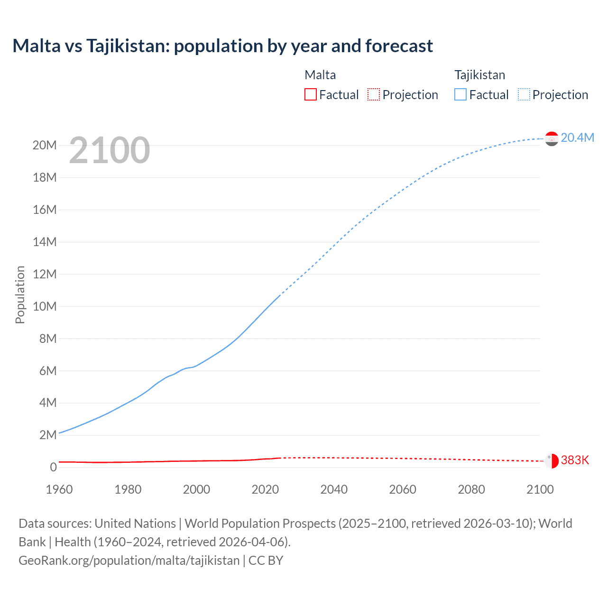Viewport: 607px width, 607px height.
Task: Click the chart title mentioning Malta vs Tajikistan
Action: pos(222,46)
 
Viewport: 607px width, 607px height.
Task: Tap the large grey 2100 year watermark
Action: pos(110,150)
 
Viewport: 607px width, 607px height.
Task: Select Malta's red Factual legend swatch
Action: pos(310,94)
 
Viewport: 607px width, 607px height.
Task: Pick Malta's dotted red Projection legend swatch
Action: pos(374,94)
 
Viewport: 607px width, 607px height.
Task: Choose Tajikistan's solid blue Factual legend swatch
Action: pos(460,94)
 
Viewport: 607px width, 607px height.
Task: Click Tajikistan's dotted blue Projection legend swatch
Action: pos(524,94)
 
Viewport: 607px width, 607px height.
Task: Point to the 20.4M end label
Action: pos(577,138)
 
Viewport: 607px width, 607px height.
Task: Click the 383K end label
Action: pos(575,460)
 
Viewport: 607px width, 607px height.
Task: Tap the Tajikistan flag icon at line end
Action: pos(552,138)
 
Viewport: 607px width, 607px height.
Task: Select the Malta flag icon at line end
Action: pos(552,460)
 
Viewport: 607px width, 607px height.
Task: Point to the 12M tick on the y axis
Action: pos(45,274)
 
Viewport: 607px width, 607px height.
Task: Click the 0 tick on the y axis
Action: pos(53,467)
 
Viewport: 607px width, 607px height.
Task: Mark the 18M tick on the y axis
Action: pos(45,177)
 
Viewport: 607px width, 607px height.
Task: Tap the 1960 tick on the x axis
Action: pos(59,489)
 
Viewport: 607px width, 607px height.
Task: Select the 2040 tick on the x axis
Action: pos(334,489)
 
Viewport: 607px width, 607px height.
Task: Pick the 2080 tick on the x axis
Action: pos(471,489)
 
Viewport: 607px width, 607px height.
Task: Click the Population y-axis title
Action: pos(20,294)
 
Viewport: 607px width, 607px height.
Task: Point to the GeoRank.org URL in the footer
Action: pos(129,560)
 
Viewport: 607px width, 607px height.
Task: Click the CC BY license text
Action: pos(266,560)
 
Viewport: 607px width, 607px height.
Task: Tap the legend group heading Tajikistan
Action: pos(479,75)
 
